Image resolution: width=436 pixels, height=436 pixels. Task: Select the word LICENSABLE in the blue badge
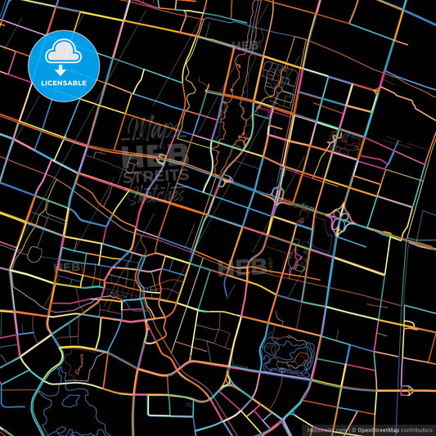tap(63, 83)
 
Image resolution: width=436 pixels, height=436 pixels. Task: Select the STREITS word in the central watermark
tap(155, 174)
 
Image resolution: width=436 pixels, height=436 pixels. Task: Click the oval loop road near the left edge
tap(34, 254)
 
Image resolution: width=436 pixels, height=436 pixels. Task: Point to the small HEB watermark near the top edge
tap(245, 46)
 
